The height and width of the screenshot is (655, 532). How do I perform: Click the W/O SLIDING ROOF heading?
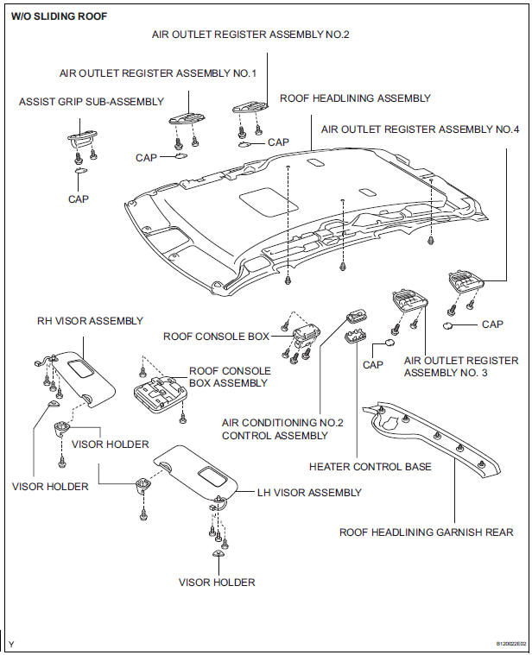[59, 15]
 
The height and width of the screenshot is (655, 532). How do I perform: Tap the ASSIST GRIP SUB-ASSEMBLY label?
[91, 102]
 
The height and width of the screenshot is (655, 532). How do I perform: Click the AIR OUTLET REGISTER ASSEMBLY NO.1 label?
[158, 73]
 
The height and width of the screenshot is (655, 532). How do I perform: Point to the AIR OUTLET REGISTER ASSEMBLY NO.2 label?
[250, 35]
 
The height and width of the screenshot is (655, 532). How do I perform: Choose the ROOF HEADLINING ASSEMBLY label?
[355, 98]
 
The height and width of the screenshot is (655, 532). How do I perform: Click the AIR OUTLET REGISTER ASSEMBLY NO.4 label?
[420, 129]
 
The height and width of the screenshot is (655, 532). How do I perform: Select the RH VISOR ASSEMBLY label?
[89, 321]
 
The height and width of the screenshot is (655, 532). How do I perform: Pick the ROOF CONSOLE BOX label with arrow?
[216, 337]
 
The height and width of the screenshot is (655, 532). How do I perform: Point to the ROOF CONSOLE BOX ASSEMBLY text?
[229, 376]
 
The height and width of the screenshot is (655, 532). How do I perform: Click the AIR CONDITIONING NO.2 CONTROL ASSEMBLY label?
[282, 429]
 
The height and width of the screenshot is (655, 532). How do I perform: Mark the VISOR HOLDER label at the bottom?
[216, 583]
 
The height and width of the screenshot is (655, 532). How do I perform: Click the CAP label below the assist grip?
[78, 198]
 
